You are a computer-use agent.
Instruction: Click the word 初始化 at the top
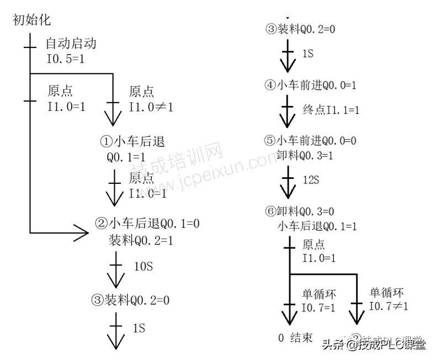point(31,20)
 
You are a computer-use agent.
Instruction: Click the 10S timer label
point(143,266)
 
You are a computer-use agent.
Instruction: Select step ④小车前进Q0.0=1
point(310,86)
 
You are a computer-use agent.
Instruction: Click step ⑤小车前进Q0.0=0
point(310,141)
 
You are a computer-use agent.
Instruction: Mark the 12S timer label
point(311,180)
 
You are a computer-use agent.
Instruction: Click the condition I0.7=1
point(318,306)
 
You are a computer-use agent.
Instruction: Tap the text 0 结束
point(296,337)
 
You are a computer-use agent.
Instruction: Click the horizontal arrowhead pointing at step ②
point(81,232)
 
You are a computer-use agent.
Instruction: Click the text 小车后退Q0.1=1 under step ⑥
point(317,226)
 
